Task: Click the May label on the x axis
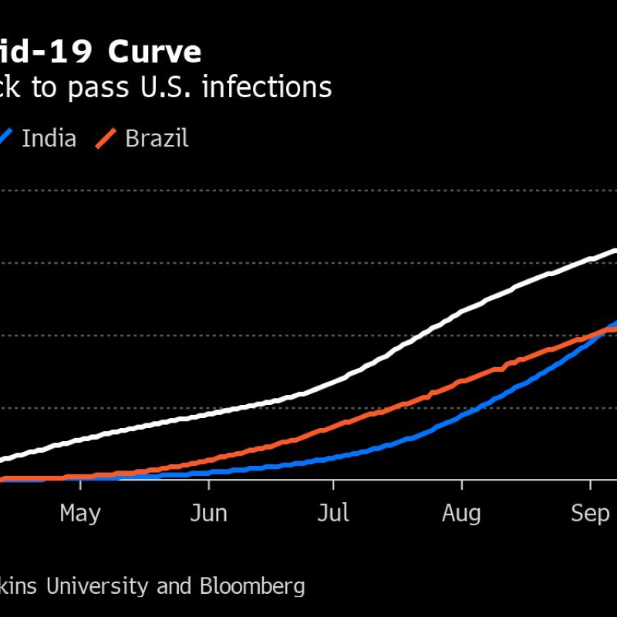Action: [80, 514]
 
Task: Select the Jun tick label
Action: [208, 514]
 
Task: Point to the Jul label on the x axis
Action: [333, 514]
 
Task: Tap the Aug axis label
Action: [461, 514]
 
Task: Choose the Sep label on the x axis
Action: [590, 514]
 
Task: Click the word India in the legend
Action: [49, 139]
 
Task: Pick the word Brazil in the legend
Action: [157, 139]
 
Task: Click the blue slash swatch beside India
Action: [7, 139]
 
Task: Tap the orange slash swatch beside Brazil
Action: [106, 139]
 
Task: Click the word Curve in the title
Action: [154, 52]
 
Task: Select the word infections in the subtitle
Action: [267, 88]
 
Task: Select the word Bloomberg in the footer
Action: [252, 586]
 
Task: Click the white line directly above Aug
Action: [461, 312]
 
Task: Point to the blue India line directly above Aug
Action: [461, 415]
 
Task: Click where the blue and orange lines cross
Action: [606, 330]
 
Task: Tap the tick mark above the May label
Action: [80, 484]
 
